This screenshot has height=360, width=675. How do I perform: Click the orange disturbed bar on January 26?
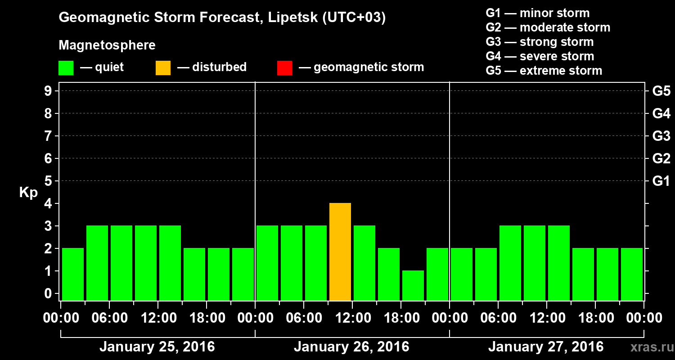coord(340,252)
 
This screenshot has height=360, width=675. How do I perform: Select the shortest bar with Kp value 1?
coord(413,285)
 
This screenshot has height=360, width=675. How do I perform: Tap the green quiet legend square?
coord(66,68)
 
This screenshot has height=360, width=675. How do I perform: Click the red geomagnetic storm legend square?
coord(284,68)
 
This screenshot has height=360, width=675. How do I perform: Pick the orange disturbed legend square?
coord(163,68)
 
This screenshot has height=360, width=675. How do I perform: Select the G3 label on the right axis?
coord(661,136)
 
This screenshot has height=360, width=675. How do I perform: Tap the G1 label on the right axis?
coord(661,181)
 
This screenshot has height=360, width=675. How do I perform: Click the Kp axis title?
coord(28,193)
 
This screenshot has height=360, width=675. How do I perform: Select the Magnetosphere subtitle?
coord(107,45)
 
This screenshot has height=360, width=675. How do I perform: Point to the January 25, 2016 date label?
coord(157,347)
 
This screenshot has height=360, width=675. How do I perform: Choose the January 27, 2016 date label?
coord(546,347)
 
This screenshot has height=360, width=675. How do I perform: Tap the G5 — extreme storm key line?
coord(544,71)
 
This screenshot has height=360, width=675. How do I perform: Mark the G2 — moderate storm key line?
coord(548,27)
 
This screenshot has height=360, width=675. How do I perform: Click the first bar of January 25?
coord(73,274)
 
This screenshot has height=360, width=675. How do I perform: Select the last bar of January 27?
coord(632,274)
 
